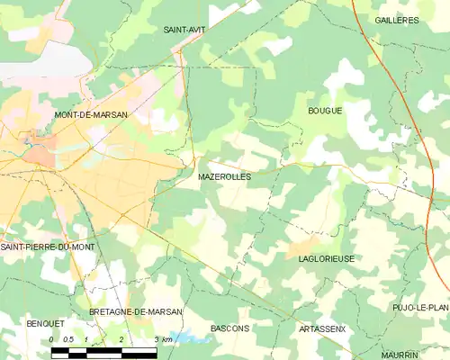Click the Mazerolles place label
pyautogui.click(x=224, y=177)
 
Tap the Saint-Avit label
pyautogui.click(x=182, y=29)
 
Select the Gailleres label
pyautogui.click(x=397, y=20)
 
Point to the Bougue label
pyautogui.click(x=325, y=111)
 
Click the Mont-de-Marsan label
pyautogui.click(x=91, y=115)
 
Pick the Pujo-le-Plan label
pyautogui.click(x=420, y=308)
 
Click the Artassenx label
pyautogui.click(x=321, y=329)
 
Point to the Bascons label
pyautogui.click(x=229, y=328)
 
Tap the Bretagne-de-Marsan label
pyautogui.click(x=136, y=311)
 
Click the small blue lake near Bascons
pyautogui.click(x=184, y=338)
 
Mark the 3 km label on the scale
pyautogui.click(x=162, y=338)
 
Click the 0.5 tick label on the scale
pyautogui.click(x=68, y=338)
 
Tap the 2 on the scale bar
pyautogui.click(x=121, y=338)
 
